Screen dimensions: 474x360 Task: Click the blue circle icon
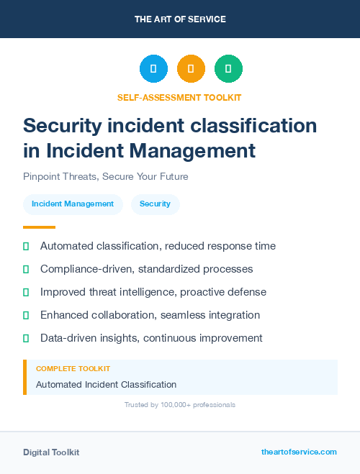(153, 68)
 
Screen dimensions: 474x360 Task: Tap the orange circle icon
(191, 68)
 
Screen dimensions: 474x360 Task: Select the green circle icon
(228, 68)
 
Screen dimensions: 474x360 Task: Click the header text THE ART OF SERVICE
(180, 19)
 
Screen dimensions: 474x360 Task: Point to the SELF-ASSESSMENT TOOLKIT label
(179, 97)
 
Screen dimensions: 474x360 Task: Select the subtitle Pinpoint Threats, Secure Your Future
(105, 176)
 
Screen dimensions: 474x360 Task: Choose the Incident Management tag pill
(73, 204)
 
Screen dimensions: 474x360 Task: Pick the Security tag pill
(155, 204)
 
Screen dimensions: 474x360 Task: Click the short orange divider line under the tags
(39, 227)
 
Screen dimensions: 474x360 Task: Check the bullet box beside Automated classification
(26, 246)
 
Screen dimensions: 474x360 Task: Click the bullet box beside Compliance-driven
(26, 269)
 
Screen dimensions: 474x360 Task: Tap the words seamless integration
(217, 315)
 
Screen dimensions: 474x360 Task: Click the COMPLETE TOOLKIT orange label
(73, 369)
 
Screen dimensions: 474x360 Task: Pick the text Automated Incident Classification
(106, 385)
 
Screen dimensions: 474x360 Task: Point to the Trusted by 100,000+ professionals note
(179, 405)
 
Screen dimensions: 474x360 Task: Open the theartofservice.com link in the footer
(299, 452)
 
